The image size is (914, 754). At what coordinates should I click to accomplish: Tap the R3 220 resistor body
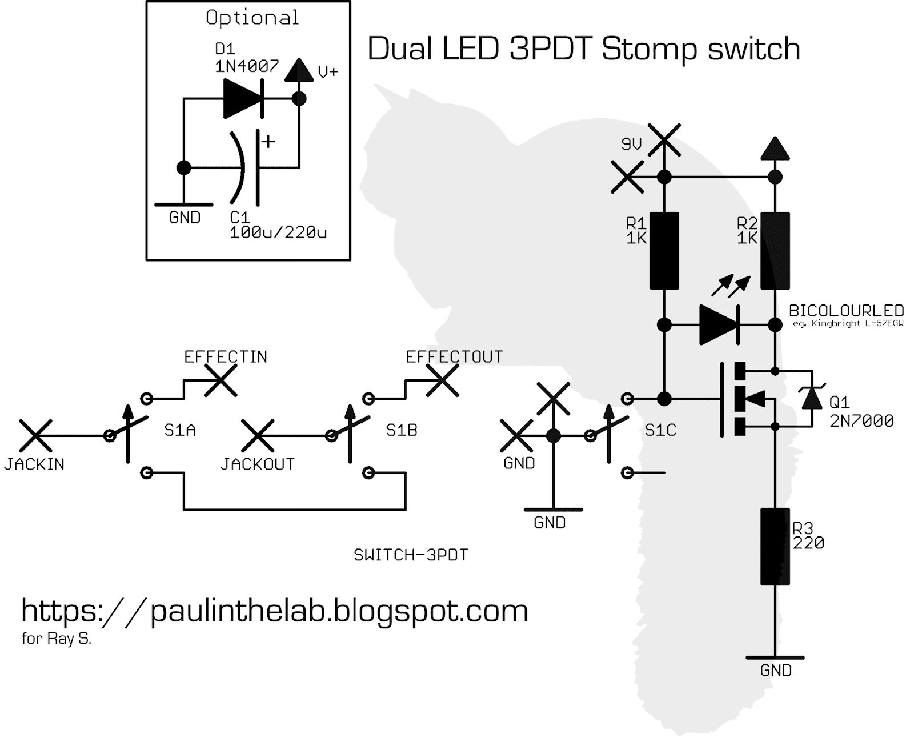pyautogui.click(x=775, y=546)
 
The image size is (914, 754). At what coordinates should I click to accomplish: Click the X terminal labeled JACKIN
pyautogui.click(x=35, y=436)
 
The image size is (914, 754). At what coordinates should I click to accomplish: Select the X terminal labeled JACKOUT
pyautogui.click(x=258, y=436)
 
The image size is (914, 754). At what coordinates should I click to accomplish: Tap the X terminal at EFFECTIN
pyautogui.click(x=221, y=380)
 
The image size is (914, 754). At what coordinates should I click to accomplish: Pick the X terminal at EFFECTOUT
pyautogui.click(x=442, y=380)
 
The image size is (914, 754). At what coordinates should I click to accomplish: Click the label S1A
pyautogui.click(x=180, y=430)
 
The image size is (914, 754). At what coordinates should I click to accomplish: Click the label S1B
pyautogui.click(x=402, y=430)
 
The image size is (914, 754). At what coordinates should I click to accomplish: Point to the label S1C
pyautogui.click(x=660, y=430)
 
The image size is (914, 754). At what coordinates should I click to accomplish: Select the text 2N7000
pyautogui.click(x=861, y=421)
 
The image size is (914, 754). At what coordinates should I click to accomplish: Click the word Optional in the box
pyautogui.click(x=252, y=18)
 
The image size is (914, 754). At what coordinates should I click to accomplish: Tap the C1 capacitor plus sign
pyautogui.click(x=267, y=141)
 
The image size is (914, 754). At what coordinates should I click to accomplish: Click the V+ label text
pyautogui.click(x=328, y=72)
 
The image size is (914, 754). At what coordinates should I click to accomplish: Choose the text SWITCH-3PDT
pyautogui.click(x=411, y=555)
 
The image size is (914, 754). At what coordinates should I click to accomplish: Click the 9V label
pyautogui.click(x=631, y=145)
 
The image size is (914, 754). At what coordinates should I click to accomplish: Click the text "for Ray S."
pyautogui.click(x=57, y=639)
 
